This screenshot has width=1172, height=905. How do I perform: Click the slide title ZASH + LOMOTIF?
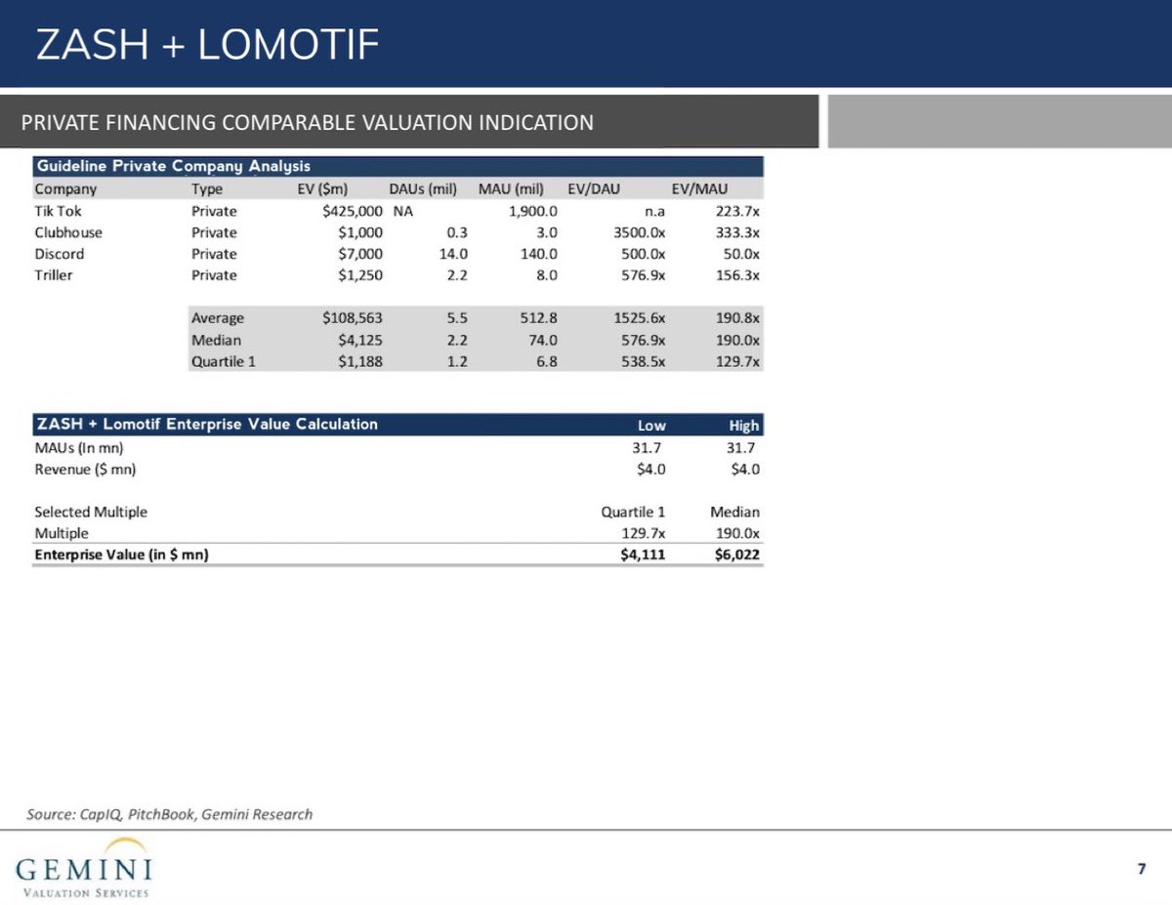coord(206,45)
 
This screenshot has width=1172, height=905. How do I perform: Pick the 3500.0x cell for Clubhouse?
coord(632,232)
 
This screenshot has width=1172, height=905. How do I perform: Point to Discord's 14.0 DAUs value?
coord(453,254)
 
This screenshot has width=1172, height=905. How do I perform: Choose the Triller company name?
coord(54,275)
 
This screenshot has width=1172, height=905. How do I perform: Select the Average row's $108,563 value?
coord(352,318)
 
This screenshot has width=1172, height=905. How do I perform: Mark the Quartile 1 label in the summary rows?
coord(224,361)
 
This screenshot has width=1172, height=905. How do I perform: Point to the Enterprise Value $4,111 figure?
coord(643,555)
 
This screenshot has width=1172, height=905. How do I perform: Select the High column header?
coord(743,426)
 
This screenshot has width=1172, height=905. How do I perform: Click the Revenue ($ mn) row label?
coord(85,469)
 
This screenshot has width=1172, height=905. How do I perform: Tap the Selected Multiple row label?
coord(91,512)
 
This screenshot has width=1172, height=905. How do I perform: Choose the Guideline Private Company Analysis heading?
coord(173,166)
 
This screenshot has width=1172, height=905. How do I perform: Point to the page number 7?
coord(1141,869)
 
